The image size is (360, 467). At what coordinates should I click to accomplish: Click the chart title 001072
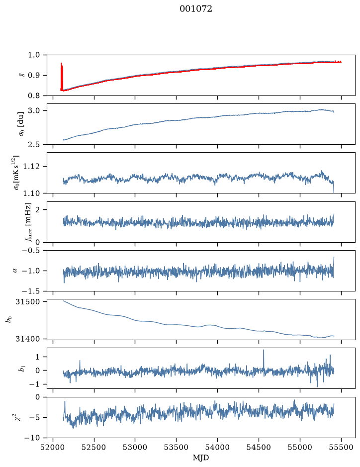[x=195, y=9]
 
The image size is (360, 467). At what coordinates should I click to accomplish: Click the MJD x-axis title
[x=201, y=458]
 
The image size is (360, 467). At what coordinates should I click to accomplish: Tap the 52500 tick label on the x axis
[x=94, y=447]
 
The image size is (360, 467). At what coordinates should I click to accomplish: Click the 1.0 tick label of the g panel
[x=34, y=55]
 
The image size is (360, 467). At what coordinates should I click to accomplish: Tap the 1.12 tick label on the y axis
[x=31, y=166]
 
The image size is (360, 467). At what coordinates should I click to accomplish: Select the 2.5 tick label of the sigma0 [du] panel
[x=34, y=144]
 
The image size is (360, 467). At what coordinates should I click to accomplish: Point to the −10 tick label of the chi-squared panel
[x=32, y=438]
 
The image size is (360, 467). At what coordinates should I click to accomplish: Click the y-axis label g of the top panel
[x=21, y=76]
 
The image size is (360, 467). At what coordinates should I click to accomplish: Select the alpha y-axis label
[x=15, y=271]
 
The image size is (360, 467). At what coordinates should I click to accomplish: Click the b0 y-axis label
[x=9, y=320]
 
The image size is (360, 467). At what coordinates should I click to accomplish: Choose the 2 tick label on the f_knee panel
[x=37, y=210]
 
